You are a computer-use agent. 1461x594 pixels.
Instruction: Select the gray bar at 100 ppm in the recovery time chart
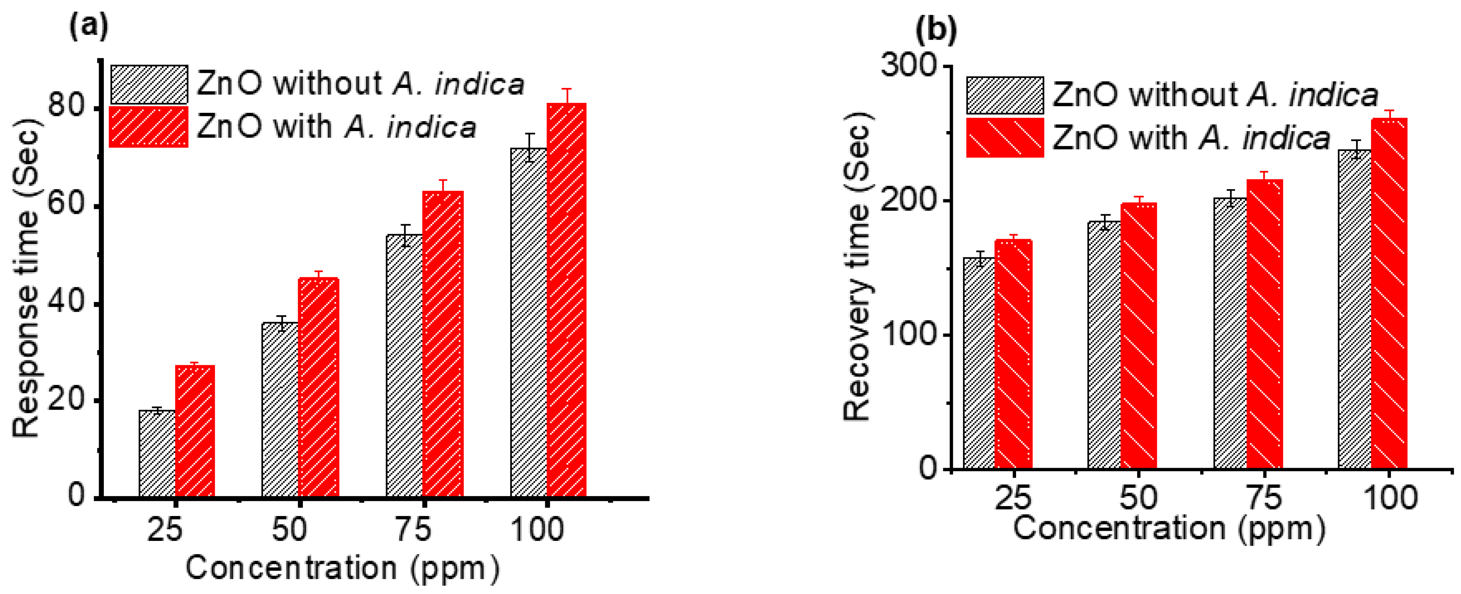point(1354,309)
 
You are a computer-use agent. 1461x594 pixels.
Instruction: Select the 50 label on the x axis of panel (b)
point(1138,497)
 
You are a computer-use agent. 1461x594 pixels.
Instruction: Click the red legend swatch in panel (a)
point(149,127)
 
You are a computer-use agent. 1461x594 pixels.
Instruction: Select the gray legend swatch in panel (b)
point(1004,95)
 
